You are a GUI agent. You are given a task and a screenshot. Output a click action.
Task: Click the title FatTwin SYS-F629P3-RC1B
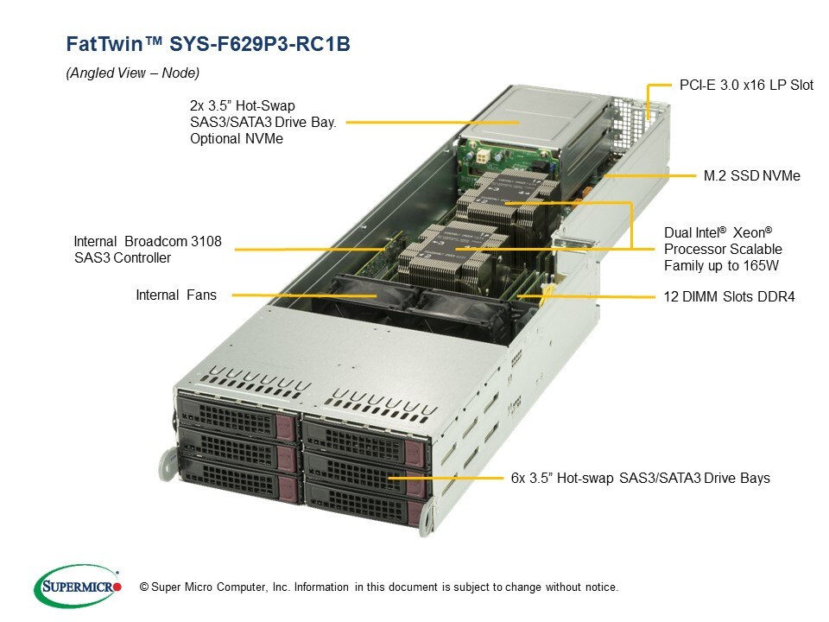(208, 43)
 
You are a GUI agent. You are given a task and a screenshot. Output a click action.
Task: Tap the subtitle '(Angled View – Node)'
(133, 73)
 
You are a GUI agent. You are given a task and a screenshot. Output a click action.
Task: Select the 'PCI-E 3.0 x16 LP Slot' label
(746, 85)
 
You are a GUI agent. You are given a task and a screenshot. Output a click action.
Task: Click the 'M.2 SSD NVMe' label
(751, 175)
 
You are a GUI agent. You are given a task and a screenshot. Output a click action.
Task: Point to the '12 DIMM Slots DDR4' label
(729, 296)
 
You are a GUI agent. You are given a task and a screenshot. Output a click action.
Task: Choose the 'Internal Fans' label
(176, 295)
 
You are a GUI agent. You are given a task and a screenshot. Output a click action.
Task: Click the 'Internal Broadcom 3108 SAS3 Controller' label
(148, 250)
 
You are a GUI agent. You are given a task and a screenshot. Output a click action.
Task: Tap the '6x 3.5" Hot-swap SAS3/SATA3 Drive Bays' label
(640, 478)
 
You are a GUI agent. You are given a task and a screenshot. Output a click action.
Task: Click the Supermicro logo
(78, 586)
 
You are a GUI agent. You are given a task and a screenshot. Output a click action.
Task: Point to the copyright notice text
(378, 587)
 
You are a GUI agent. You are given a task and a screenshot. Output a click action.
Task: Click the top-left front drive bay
(237, 418)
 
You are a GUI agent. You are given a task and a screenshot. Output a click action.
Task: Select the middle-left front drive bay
(238, 449)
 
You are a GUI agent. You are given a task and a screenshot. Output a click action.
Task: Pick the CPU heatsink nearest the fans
(444, 256)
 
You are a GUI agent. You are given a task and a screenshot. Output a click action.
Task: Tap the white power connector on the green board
(484, 157)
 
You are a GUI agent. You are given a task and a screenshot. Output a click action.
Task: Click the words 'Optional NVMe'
(237, 138)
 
